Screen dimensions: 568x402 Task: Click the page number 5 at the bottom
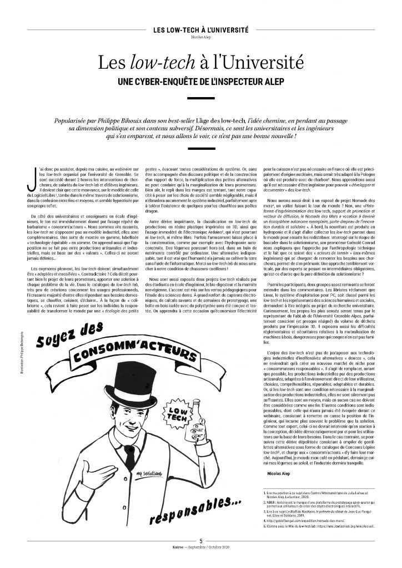click(x=201, y=555)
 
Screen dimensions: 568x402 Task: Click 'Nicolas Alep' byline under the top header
click(x=200, y=39)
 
